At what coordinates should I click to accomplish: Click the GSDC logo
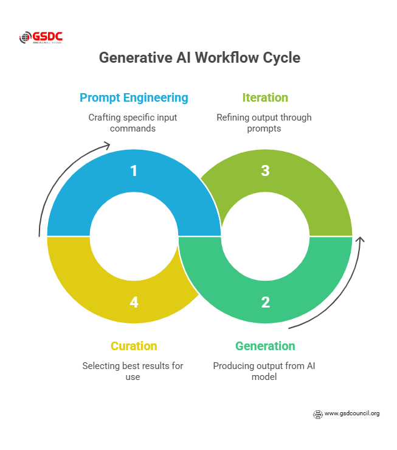[x=41, y=37]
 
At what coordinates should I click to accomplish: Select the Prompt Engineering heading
[x=134, y=97]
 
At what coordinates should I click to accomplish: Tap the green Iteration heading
[x=265, y=97]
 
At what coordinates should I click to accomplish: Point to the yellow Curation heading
[x=134, y=346]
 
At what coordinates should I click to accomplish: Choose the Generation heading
[x=265, y=346]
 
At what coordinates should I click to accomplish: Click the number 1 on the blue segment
[x=134, y=171]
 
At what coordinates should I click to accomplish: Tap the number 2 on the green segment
[x=265, y=301]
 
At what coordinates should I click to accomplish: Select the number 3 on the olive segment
[x=265, y=171]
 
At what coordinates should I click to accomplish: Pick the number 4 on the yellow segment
[x=134, y=301]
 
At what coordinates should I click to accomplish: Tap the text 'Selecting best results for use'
[x=133, y=371]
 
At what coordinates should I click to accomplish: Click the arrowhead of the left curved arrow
[x=107, y=145]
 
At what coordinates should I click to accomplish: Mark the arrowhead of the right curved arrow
[x=360, y=240]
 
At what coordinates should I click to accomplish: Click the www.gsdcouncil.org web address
[x=352, y=413]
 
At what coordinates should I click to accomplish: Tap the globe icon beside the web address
[x=317, y=414]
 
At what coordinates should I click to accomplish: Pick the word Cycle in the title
[x=280, y=58]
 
